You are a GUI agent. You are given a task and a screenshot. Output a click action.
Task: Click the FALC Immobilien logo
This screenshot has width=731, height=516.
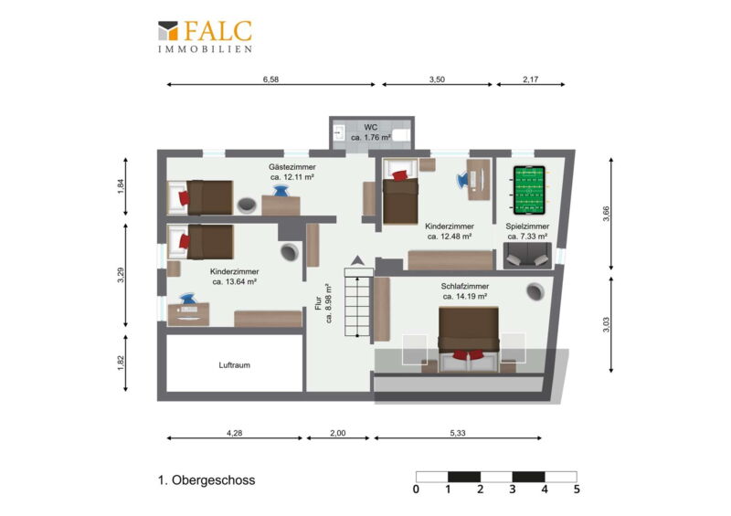pos(205,37)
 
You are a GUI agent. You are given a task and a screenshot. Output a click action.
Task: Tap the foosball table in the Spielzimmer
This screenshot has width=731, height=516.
pos(529,191)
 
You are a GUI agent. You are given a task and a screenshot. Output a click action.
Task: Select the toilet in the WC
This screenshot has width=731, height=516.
pos(400,135)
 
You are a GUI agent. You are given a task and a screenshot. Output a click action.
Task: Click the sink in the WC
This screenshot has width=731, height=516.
pos(338,132)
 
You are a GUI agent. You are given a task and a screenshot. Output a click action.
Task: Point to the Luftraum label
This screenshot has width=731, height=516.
pos(235,365)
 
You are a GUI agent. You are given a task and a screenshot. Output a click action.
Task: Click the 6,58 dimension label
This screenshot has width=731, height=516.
pos(270,79)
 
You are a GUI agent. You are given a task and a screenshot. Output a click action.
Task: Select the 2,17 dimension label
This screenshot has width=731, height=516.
pos(531,79)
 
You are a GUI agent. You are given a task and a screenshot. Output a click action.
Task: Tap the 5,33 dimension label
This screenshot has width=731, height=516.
pos(458,433)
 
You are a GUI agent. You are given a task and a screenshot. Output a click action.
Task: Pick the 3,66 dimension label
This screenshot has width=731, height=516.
pos(606,214)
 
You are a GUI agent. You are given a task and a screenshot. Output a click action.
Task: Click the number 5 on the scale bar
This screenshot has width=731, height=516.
pos(577,489)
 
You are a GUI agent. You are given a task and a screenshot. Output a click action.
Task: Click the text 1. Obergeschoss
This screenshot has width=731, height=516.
pos(207,480)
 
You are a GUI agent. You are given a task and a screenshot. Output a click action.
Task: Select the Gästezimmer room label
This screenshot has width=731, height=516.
pos(291,167)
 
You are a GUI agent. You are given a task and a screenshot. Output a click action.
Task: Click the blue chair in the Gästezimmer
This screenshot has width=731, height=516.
pos(281,191)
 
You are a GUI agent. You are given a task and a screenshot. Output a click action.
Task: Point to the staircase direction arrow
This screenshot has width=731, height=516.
pos(357,260)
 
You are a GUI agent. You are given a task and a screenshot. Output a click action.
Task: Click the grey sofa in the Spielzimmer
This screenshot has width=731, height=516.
pos(527,256)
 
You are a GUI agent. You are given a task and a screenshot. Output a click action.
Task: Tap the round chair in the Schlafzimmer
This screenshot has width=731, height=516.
pos(535,291)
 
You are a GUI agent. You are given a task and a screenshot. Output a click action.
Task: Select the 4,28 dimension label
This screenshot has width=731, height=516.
pos(235,433)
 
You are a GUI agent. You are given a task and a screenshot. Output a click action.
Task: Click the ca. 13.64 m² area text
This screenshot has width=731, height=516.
pos(235,281)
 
